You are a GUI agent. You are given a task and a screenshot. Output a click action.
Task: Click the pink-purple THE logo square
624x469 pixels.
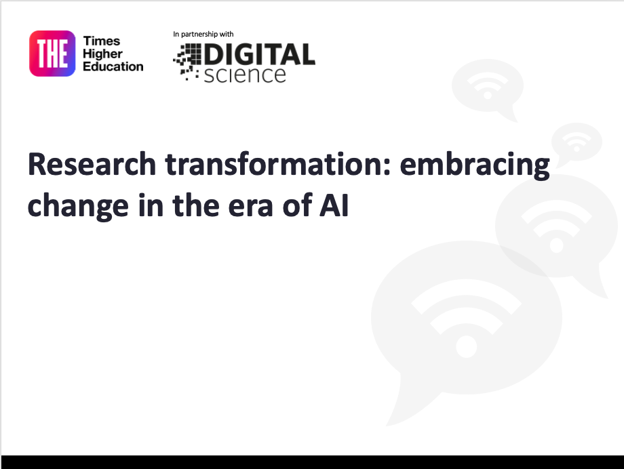pos(52,54)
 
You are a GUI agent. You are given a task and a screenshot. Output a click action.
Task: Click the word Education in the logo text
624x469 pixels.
pos(113,66)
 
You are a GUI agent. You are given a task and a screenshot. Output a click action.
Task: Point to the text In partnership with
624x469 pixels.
pos(203,34)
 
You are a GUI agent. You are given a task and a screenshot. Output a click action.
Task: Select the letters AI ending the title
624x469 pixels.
pos(335,205)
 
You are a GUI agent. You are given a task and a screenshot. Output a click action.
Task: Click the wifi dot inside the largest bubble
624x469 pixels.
pos(467,347)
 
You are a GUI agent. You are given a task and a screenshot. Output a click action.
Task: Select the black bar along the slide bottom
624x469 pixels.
pos(312,462)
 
